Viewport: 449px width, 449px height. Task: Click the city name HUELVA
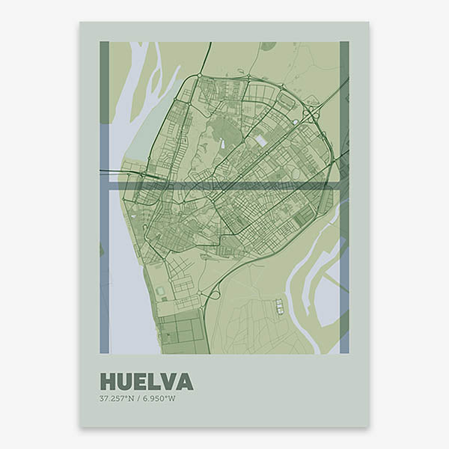pos(146,382)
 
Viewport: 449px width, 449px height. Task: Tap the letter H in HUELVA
pos(108,382)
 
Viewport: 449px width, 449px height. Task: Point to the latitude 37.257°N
pos(117,397)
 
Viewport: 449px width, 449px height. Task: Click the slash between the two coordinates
pos(138,397)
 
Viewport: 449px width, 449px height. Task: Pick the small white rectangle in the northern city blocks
pos(260,141)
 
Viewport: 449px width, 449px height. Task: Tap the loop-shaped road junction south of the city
pos(215,294)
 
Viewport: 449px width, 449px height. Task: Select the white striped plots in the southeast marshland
pos(279,306)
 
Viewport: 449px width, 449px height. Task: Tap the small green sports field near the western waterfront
pos(160,290)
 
